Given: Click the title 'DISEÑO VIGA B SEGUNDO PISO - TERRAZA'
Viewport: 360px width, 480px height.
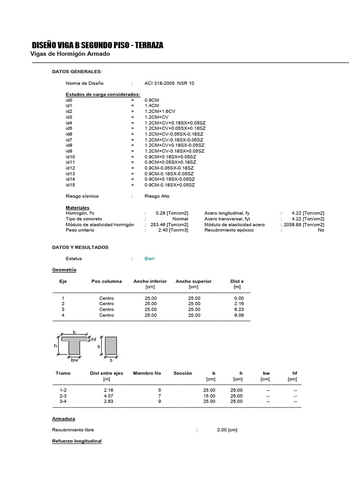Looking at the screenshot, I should click(x=97, y=45).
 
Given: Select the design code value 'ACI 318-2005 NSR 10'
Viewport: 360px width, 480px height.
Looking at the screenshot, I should click(x=169, y=83).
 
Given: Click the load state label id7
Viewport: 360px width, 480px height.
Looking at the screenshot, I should click(x=69, y=140).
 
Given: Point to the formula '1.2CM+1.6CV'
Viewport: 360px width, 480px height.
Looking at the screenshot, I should click(x=160, y=112).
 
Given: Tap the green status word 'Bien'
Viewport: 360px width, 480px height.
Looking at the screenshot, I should click(x=150, y=258).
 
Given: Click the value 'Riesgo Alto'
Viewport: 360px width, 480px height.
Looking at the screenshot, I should click(x=157, y=196).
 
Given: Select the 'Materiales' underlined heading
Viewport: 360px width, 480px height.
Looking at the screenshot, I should click(x=77, y=208).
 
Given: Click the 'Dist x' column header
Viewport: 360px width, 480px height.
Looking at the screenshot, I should click(x=237, y=281).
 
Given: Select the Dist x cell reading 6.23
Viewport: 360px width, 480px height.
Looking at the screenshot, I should click(x=239, y=309).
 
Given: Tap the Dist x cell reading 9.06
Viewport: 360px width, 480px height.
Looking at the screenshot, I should click(x=239, y=315).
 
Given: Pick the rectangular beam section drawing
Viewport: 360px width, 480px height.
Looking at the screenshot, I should click(x=111, y=346).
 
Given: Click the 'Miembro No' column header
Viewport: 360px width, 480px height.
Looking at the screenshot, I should click(x=147, y=373).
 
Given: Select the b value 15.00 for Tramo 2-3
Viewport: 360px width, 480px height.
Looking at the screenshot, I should click(x=209, y=396).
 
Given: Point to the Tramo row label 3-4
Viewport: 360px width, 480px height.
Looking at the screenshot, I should click(x=63, y=401).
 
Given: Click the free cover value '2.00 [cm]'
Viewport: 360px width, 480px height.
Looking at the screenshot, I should click(x=228, y=430).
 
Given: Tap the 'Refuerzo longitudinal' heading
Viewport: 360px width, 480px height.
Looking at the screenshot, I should click(x=76, y=441).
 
